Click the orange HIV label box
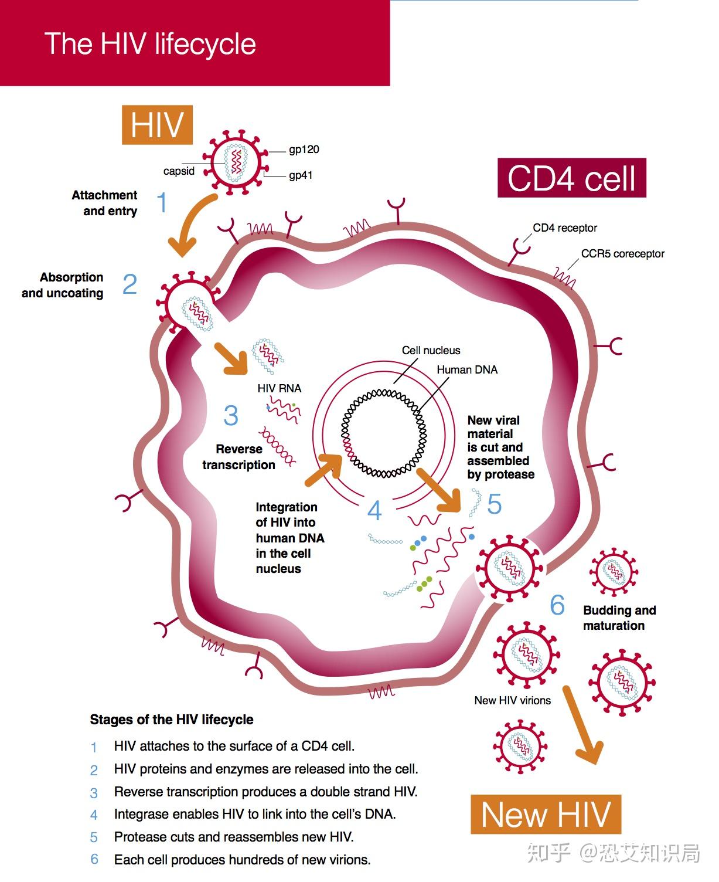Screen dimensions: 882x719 pyautogui.click(x=156, y=124)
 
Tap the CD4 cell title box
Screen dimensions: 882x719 pyautogui.click(x=571, y=178)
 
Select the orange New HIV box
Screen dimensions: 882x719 pyautogui.click(x=545, y=814)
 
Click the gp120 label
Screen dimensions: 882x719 pyautogui.click(x=304, y=150)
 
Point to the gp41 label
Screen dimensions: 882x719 pyautogui.click(x=301, y=175)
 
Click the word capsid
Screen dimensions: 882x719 pyautogui.click(x=179, y=171)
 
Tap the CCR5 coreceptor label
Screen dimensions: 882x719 pyautogui.click(x=622, y=254)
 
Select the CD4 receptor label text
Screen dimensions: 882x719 pyautogui.click(x=564, y=228)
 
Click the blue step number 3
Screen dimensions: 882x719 pyautogui.click(x=231, y=416)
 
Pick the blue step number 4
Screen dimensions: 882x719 pyautogui.click(x=374, y=511)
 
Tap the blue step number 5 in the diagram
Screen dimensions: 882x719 pyautogui.click(x=494, y=504)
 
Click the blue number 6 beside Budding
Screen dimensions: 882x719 pyautogui.click(x=557, y=605)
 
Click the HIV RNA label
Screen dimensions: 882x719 pyautogui.click(x=279, y=388)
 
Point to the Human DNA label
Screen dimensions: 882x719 pyautogui.click(x=466, y=370)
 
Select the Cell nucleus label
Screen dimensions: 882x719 pyautogui.click(x=431, y=350)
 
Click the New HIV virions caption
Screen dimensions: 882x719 pyautogui.click(x=512, y=700)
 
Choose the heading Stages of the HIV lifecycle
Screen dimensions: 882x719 pyautogui.click(x=171, y=720)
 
